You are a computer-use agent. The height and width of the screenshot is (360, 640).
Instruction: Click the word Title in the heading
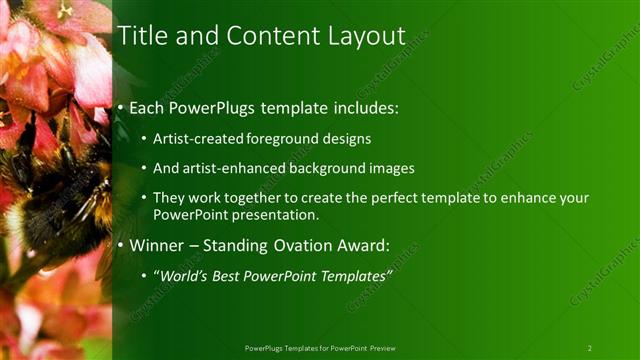pyautogui.click(x=143, y=36)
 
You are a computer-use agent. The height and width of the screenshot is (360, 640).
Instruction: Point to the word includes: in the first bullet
pyautogui.click(x=362, y=106)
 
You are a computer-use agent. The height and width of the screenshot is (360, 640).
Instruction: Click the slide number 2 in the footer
pyautogui.click(x=589, y=348)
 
